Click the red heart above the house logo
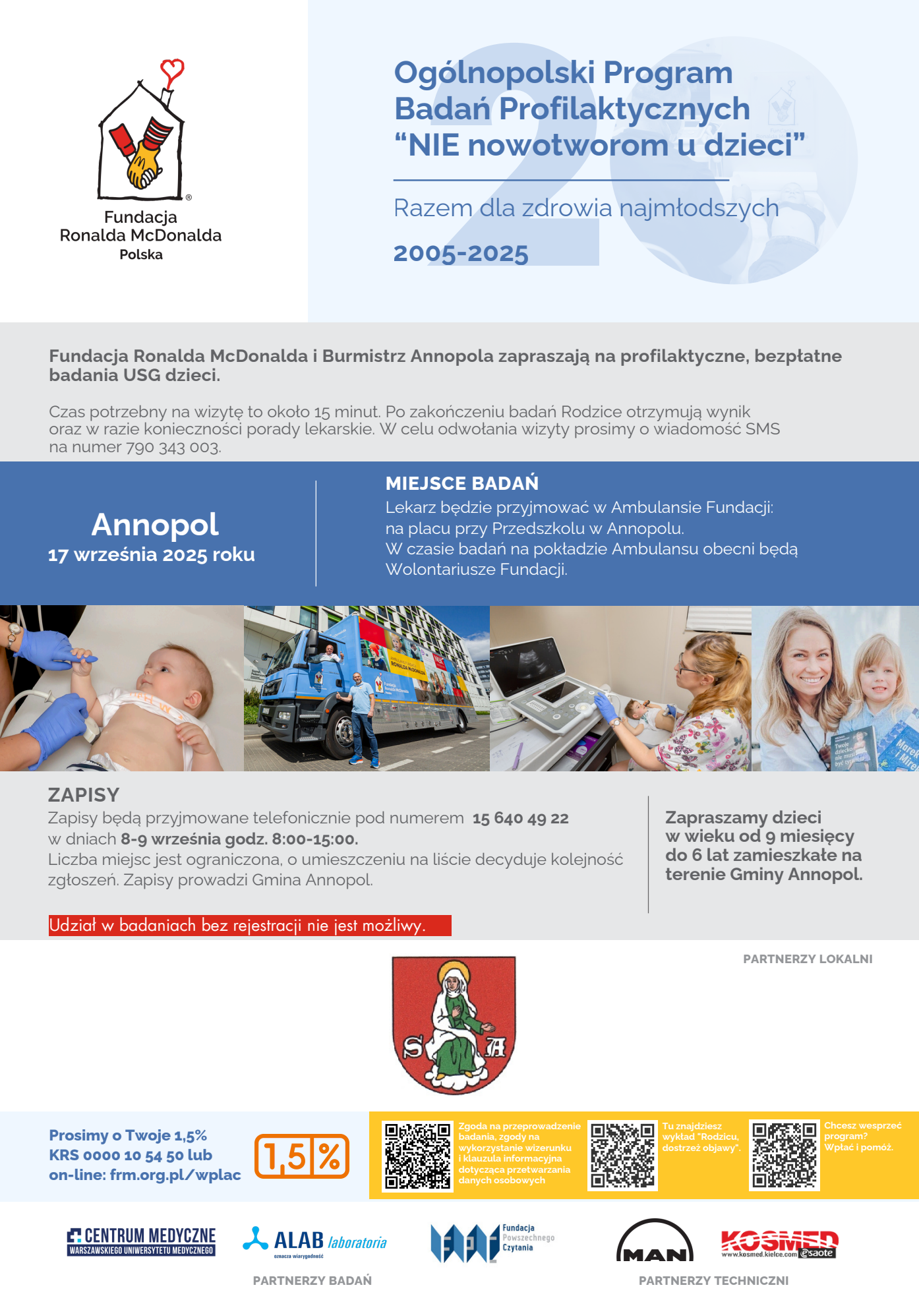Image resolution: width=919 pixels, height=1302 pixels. click(x=172, y=70)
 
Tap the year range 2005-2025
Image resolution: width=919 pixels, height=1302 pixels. click(x=461, y=254)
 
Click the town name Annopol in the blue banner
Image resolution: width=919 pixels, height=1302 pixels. click(x=155, y=525)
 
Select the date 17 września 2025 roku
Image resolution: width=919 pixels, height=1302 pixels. click(x=152, y=555)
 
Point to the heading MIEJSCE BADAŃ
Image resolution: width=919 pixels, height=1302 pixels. click(x=461, y=483)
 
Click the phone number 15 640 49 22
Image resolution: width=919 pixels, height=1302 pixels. click(x=520, y=819)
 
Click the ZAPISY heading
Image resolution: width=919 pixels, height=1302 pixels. click(x=84, y=795)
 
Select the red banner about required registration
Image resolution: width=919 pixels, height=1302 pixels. click(x=250, y=926)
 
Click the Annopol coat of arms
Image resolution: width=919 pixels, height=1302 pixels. click(x=454, y=1024)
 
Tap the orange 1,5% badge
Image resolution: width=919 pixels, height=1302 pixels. click(x=302, y=1156)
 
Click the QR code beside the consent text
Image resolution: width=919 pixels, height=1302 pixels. click(x=418, y=1156)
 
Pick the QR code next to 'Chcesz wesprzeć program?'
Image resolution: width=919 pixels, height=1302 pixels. click(x=784, y=1155)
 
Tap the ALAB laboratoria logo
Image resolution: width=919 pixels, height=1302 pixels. click(x=314, y=1241)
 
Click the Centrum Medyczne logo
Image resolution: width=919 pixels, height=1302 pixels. click(x=141, y=1241)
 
